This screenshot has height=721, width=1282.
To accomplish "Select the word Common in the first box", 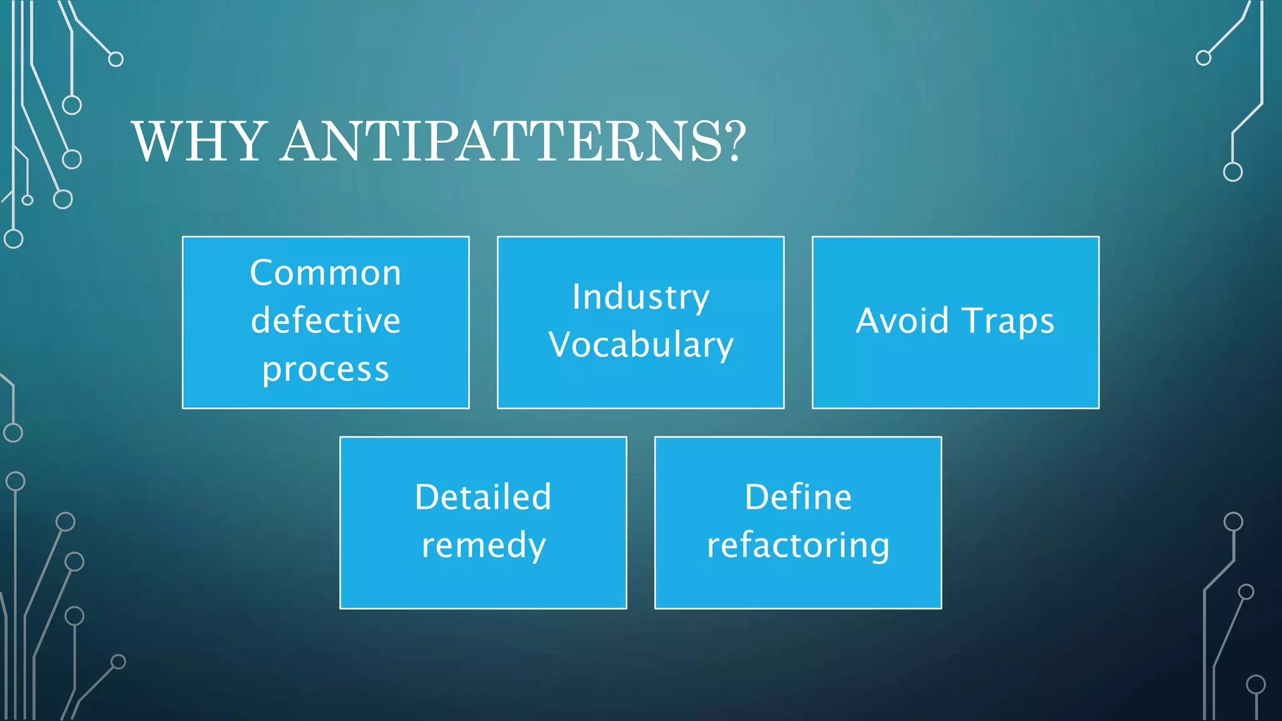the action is click(326, 274).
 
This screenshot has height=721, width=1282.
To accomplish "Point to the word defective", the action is click(326, 321).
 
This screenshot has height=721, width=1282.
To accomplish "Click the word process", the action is click(326, 370).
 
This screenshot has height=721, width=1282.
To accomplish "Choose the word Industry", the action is click(640, 297).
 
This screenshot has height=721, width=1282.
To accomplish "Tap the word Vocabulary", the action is click(640, 345).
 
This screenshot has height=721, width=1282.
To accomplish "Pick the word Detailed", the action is click(483, 498).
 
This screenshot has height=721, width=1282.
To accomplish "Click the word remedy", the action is click(483, 546).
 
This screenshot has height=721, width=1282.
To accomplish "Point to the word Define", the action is click(798, 498).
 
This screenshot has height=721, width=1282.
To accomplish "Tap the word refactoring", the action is click(798, 546).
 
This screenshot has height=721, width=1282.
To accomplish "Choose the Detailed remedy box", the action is click(483, 588).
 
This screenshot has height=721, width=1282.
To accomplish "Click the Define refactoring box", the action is click(798, 588).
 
